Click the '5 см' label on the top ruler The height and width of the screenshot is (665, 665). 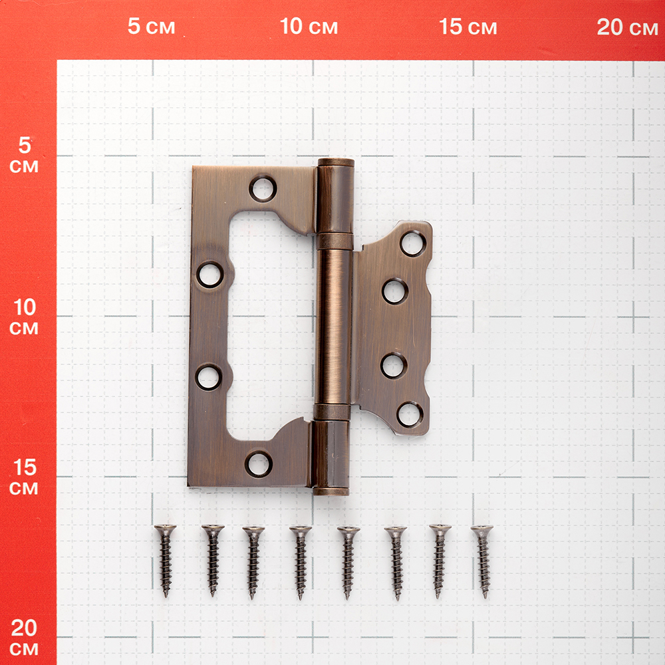[152, 27]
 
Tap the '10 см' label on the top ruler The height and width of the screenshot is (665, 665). [309, 27]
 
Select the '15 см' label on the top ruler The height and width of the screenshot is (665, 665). [467, 27]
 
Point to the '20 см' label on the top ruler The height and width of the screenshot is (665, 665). [627, 27]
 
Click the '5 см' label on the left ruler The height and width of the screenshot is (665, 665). [24, 155]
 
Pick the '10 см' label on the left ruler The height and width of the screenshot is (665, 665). [24, 317]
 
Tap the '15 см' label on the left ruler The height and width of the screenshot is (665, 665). [24, 477]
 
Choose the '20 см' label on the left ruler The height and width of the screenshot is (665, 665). [24, 638]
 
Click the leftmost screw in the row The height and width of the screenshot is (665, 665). [165, 561]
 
